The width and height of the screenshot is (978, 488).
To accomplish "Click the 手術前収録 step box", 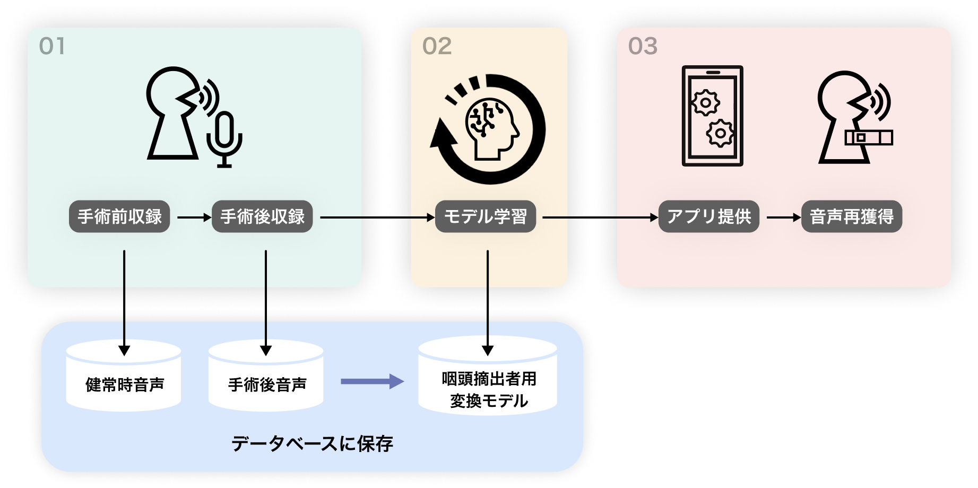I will click(119, 216).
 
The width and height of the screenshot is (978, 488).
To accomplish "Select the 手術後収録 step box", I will click(262, 216).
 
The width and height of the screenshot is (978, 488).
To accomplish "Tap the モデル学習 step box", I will click(485, 216).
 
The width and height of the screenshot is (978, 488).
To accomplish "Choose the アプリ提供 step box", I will click(708, 216).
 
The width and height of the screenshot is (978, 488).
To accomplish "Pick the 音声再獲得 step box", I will click(851, 216).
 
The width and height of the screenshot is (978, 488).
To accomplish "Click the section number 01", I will click(52, 47).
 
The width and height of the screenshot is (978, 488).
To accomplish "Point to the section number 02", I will click(437, 47).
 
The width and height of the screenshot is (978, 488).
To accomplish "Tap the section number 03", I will click(643, 47).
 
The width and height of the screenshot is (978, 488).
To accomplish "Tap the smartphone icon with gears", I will click(712, 116).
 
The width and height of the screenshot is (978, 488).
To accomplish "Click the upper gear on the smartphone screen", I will click(705, 102).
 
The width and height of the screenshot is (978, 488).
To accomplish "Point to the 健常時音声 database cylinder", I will click(124, 377).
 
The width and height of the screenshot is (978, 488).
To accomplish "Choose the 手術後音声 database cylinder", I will click(266, 377).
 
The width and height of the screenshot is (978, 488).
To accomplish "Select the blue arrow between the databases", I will click(371, 381).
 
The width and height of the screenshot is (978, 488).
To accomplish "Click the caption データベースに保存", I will click(312, 443).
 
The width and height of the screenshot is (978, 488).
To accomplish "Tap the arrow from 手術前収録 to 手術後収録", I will click(194, 217).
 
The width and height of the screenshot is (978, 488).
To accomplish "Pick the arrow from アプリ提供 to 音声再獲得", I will click(783, 217).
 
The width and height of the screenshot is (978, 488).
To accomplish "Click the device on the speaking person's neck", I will click(868, 138).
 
